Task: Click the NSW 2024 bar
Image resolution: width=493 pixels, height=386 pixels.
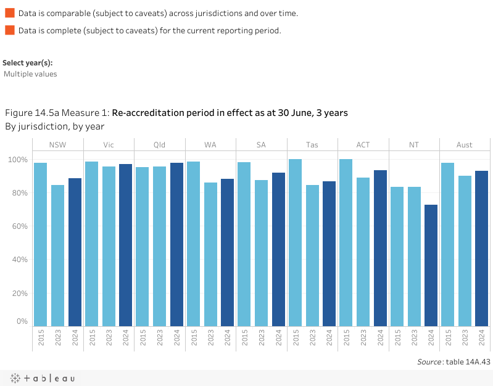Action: point(75,252)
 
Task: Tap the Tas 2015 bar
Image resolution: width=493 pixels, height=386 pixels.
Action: point(295,242)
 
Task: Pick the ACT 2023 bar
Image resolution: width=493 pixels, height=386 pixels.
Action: point(363,252)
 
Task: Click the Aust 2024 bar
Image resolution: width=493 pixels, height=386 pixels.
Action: point(482,248)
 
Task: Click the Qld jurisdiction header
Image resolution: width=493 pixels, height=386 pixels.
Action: point(159,145)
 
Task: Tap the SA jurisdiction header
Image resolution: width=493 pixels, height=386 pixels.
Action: point(261,145)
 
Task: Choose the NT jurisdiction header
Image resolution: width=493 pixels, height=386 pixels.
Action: point(413,145)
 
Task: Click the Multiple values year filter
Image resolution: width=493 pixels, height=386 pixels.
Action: point(30,74)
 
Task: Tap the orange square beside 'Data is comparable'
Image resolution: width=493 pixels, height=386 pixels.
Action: point(9,13)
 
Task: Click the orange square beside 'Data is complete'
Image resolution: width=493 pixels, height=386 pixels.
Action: point(9,30)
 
